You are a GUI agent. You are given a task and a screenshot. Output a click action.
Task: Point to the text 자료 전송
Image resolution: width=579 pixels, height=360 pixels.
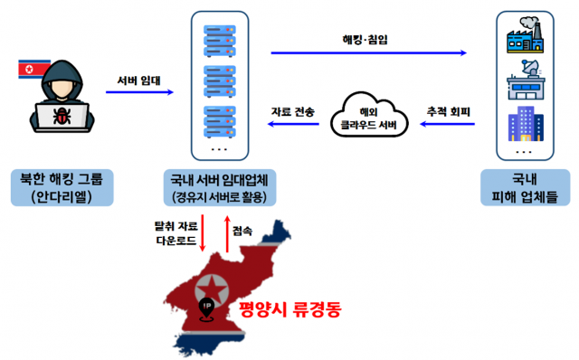click(293, 112)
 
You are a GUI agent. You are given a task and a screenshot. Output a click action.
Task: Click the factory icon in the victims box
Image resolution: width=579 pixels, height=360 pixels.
click(525, 39)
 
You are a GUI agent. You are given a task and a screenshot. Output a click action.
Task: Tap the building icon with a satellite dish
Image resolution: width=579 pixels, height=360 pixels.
click(525, 82)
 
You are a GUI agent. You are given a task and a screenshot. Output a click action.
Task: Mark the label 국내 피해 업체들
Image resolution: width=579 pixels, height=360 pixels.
click(524, 186)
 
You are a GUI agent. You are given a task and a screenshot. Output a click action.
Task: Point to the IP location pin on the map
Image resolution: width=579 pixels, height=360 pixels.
click(208, 308)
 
